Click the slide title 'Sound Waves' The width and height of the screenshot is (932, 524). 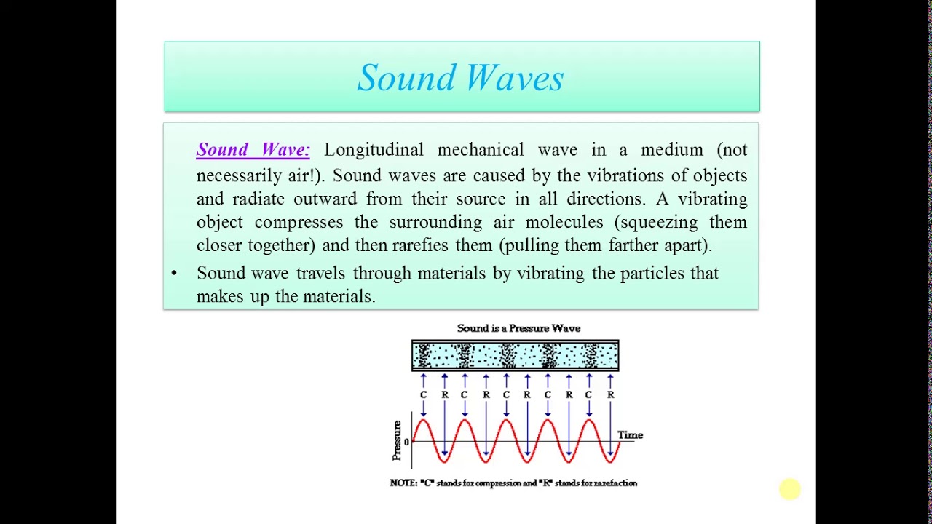pos(461,78)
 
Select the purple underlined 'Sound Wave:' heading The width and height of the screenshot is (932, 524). pos(253,150)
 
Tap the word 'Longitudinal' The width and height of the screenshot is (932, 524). pos(374,150)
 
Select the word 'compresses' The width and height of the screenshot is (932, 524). pos(299,222)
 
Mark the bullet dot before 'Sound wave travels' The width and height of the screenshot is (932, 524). pos(174,274)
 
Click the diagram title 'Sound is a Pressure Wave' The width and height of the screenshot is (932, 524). pos(518,328)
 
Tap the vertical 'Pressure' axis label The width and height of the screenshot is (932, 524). pos(397,440)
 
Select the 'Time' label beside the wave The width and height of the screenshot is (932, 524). pos(630,435)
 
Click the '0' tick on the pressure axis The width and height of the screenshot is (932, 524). pos(406,442)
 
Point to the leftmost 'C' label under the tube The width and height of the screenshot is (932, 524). pos(423,394)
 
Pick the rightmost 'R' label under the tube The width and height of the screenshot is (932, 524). pos(610,394)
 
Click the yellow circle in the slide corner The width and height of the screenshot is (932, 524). pos(789,490)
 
